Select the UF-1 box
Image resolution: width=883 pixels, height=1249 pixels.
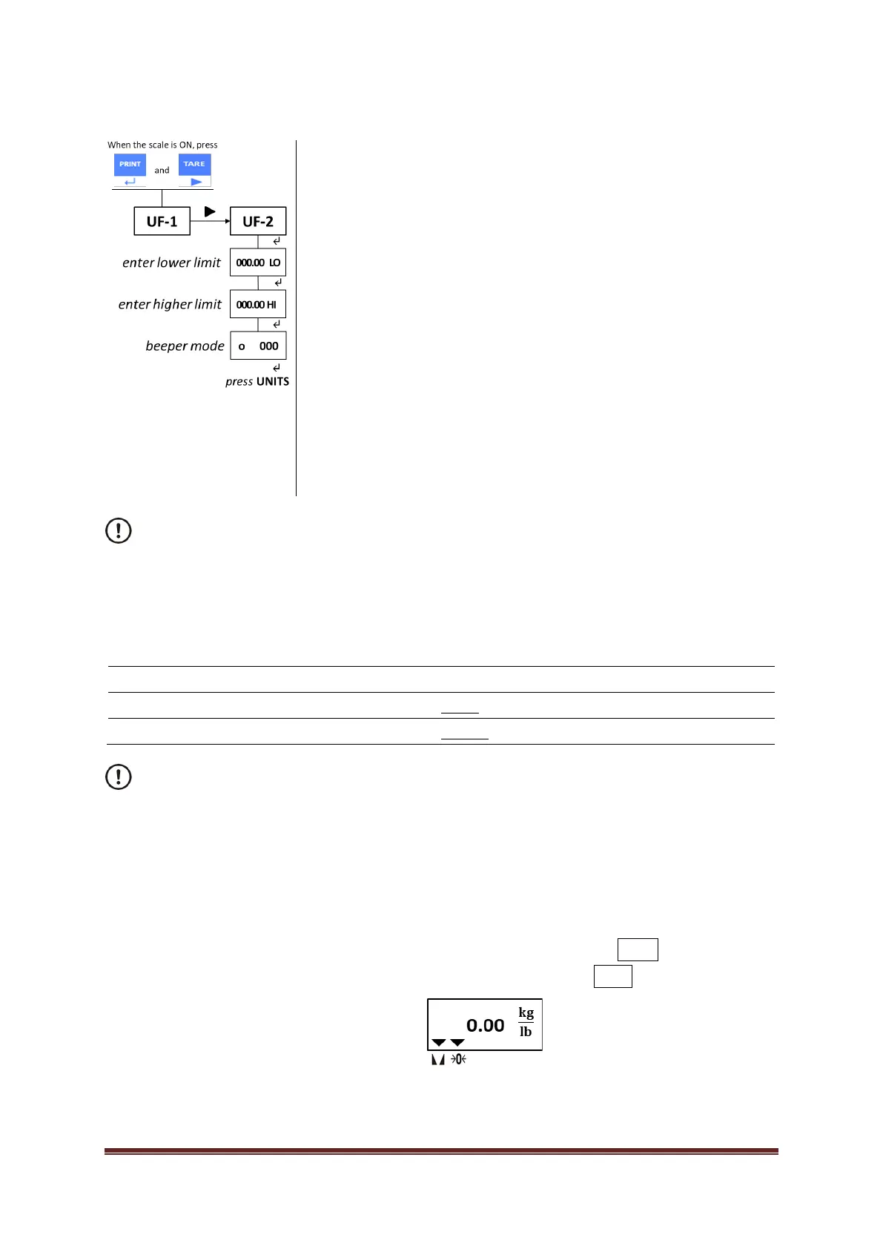[x=162, y=221]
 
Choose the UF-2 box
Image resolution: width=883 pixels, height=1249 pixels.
[x=258, y=221]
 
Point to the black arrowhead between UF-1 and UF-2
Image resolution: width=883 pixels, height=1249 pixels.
[x=210, y=211]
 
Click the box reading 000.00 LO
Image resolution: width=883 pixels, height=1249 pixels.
[x=258, y=263]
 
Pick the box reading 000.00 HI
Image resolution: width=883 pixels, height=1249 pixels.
[x=258, y=304]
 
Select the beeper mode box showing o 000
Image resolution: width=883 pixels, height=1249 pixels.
[x=258, y=346]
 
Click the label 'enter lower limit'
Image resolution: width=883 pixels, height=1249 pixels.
[x=171, y=263]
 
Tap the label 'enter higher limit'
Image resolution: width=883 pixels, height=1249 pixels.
[x=170, y=304]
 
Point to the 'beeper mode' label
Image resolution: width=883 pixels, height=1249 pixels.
[x=185, y=346]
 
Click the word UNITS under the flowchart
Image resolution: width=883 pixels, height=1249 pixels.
[x=273, y=381]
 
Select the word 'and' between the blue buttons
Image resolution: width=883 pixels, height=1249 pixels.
[x=162, y=171]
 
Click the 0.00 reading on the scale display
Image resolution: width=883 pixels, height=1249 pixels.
[x=485, y=1025]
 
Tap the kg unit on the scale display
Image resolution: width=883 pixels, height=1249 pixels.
[x=526, y=1012]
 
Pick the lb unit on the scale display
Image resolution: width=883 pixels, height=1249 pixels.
[x=526, y=1032]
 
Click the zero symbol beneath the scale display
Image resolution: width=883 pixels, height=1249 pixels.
[x=459, y=1059]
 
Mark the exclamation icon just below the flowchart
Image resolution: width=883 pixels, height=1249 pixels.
[x=119, y=531]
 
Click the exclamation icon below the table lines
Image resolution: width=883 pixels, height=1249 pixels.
[x=119, y=777]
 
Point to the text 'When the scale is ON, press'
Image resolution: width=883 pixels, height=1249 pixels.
[x=162, y=145]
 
